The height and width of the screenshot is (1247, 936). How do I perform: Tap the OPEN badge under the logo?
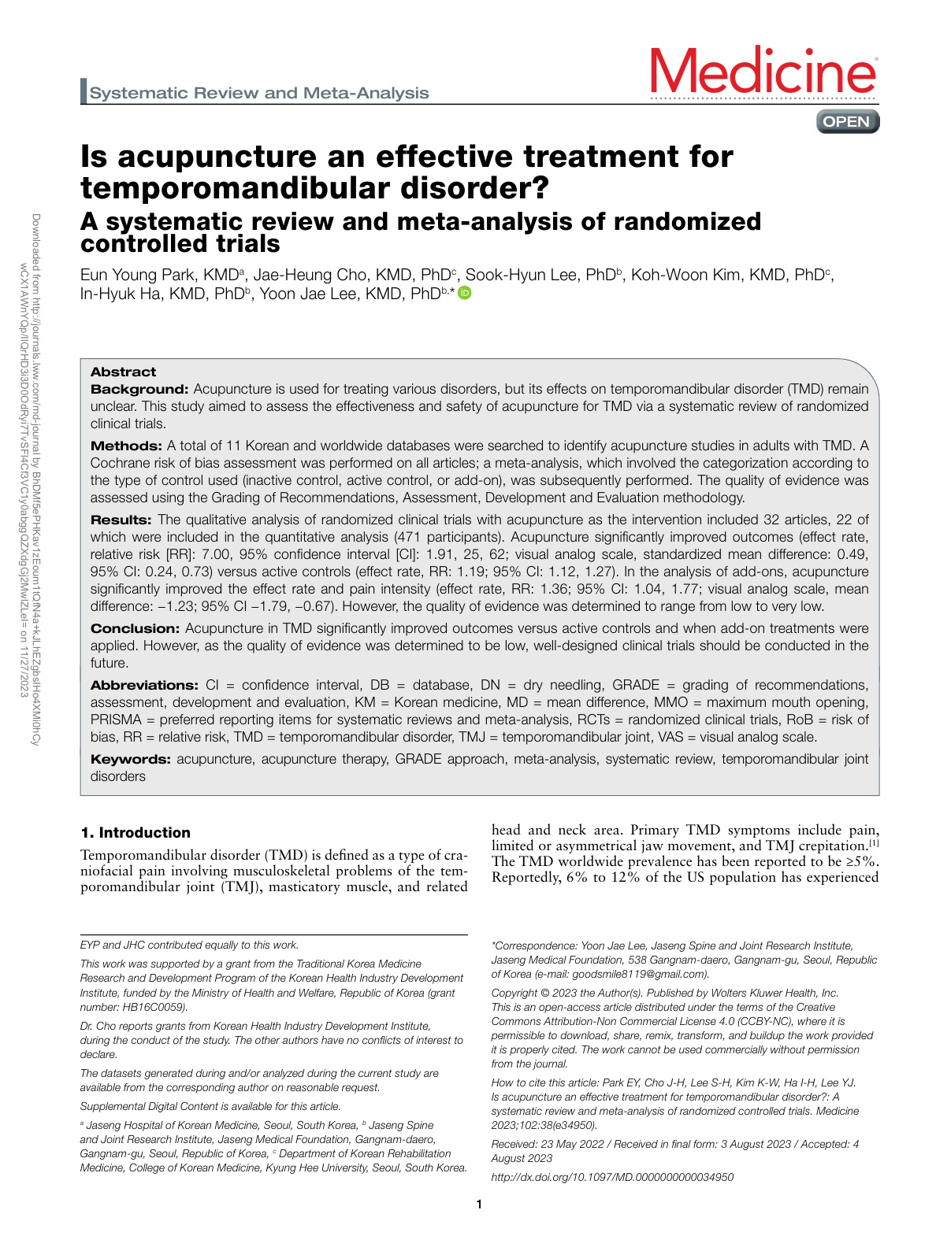(847, 121)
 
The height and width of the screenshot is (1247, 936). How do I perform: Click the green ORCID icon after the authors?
(465, 294)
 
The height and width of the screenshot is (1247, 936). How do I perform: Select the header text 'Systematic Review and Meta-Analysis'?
(259, 93)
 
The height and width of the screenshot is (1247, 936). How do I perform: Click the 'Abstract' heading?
(123, 372)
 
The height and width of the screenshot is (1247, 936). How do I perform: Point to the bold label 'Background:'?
(139, 389)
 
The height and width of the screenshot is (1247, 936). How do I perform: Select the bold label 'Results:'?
(121, 520)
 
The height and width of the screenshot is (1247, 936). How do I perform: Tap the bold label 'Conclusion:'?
(136, 628)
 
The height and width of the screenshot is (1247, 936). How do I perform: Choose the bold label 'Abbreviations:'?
(144, 685)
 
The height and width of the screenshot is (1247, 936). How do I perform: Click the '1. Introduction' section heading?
(136, 833)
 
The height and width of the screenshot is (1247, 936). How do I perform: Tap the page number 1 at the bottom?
(479, 1204)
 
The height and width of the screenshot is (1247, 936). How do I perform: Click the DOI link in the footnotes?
(612, 1177)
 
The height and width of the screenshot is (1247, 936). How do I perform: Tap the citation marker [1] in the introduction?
(874, 843)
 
